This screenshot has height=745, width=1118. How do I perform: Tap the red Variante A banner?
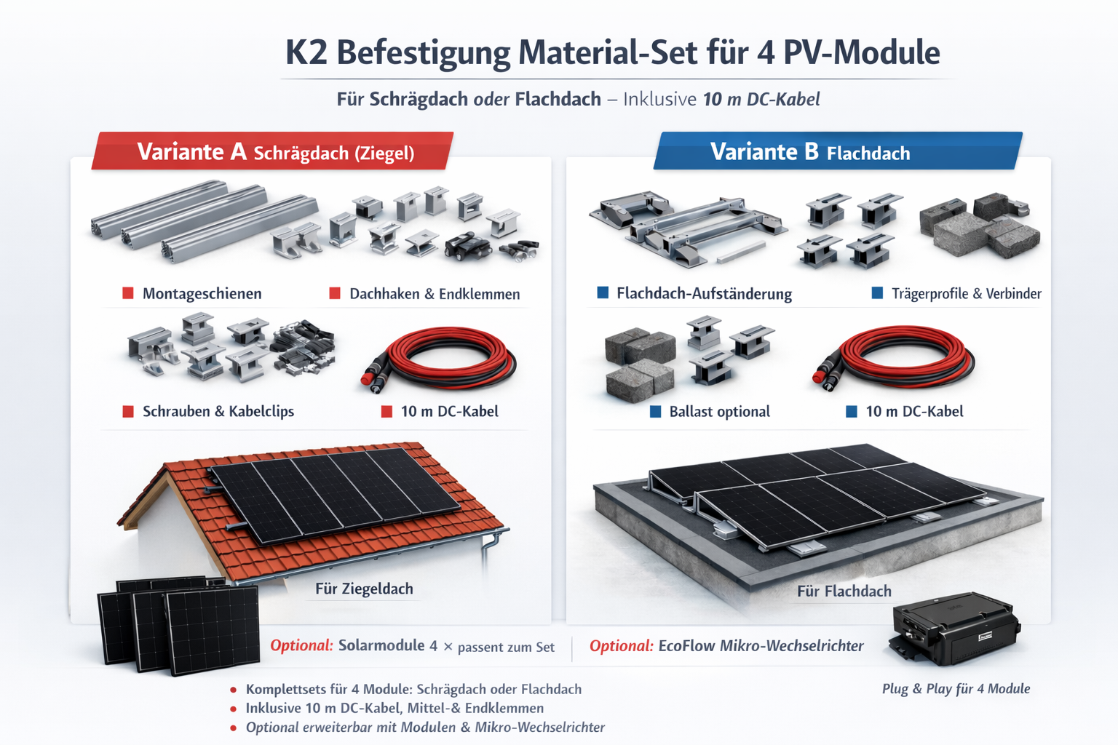[x=272, y=151]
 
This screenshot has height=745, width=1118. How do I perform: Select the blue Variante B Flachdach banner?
[x=838, y=151]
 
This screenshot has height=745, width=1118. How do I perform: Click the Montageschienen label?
[x=202, y=293]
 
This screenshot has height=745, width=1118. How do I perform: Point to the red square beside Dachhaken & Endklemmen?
[x=335, y=293]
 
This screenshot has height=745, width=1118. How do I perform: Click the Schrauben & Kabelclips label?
[x=218, y=411]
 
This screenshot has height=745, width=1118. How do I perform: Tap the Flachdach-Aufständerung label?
[x=704, y=293]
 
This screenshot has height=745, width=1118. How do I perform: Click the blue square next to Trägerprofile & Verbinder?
[x=877, y=292]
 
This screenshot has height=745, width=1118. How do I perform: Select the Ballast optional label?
[x=719, y=412]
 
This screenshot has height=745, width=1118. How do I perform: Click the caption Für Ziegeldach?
[x=364, y=589]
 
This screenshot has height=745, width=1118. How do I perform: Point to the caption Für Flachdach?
[x=844, y=591]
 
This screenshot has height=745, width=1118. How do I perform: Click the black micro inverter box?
[x=954, y=629]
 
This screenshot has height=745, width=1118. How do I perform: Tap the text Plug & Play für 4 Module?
[x=956, y=688]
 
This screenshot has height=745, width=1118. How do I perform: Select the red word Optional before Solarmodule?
[x=301, y=646]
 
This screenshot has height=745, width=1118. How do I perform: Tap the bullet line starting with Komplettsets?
[x=413, y=689]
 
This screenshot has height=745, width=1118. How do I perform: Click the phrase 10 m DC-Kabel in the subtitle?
[x=761, y=99]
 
